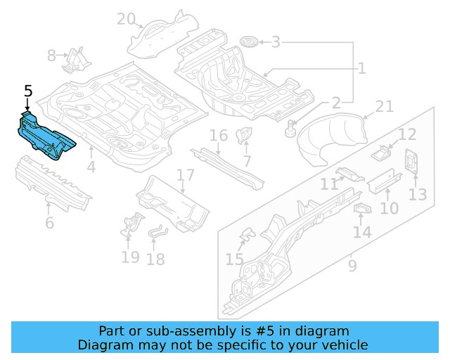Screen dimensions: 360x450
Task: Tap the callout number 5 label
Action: click(x=28, y=91)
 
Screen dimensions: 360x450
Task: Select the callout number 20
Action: click(x=126, y=19)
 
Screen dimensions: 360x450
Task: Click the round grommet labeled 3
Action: click(x=248, y=42)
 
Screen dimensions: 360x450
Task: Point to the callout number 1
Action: click(x=361, y=68)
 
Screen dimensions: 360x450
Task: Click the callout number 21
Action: click(x=384, y=106)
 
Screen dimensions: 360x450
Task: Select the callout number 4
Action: click(x=91, y=167)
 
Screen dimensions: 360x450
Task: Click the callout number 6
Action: click(x=49, y=224)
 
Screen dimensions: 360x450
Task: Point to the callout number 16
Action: click(x=219, y=135)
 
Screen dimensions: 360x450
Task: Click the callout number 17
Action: click(x=185, y=175)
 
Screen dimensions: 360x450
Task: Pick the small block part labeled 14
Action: click(x=361, y=208)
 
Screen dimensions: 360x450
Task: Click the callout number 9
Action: click(x=352, y=266)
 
